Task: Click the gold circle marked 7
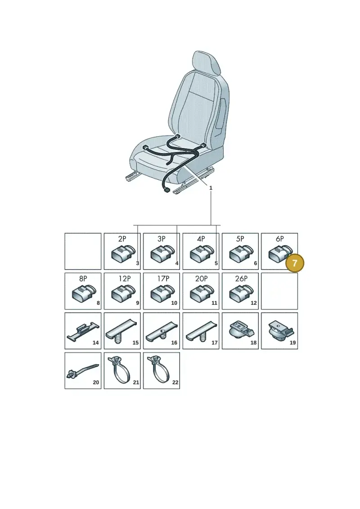pos(295,263)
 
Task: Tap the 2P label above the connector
pos(122,239)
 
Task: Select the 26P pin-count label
pos(241,279)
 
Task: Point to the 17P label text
pos(163,279)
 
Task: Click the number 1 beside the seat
pos(211,188)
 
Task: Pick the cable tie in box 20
pos(82,370)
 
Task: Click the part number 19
pos(293,342)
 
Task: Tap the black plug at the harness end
pos(166,190)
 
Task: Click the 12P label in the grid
pos(124,279)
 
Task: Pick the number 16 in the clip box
pos(174,342)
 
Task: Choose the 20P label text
pos(201,279)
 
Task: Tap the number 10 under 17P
pos(174,303)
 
